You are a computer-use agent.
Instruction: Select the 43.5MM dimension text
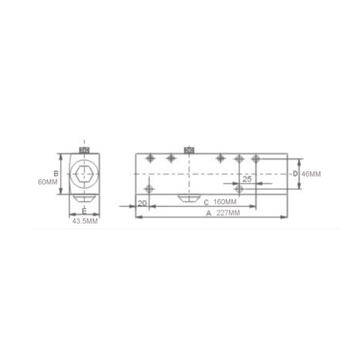[x=84, y=221]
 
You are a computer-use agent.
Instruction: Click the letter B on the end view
[x=56, y=173]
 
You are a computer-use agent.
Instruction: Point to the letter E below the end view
[x=84, y=211]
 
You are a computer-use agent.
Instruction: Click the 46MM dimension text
[x=311, y=174]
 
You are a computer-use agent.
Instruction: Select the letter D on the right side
[x=295, y=173]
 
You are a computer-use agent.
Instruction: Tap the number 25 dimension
[x=246, y=179]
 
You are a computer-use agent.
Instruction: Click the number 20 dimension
[x=142, y=203]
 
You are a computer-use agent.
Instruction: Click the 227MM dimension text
[x=227, y=213]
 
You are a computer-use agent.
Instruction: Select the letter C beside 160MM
[x=206, y=202]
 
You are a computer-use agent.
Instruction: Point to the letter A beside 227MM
[x=208, y=213]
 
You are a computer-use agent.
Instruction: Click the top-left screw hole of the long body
[x=150, y=158]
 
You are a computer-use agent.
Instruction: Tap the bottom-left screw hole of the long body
[x=150, y=189]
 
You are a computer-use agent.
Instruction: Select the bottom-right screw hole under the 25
[x=238, y=189]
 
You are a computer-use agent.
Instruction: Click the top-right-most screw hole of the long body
[x=255, y=158]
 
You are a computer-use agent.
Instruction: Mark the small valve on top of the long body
[x=188, y=150]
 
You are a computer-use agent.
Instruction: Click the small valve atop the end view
[x=84, y=150]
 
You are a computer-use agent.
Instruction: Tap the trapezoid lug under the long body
[x=188, y=198]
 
